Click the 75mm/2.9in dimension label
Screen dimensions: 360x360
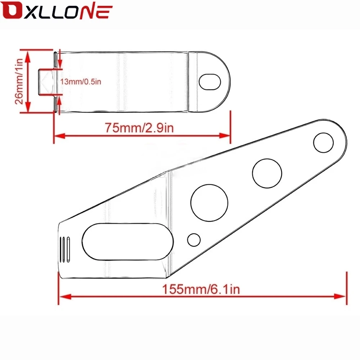(x=139, y=128)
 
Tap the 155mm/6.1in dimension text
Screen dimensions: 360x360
(x=201, y=289)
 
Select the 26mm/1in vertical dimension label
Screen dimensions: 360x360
(x=19, y=81)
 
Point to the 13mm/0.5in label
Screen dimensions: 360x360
(x=81, y=81)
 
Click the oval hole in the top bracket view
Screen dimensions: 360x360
(x=210, y=82)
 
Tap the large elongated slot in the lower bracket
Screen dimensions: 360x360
(x=128, y=242)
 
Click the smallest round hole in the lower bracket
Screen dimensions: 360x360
(x=194, y=240)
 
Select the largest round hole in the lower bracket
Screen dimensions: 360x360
(x=209, y=203)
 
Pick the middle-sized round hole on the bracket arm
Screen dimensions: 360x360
(x=267, y=174)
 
